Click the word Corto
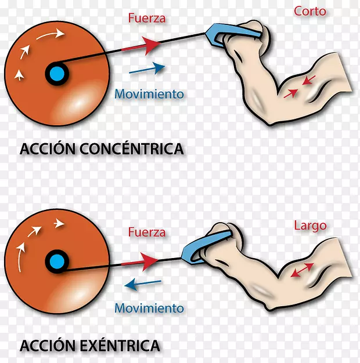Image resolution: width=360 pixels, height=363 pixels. coord(310,11)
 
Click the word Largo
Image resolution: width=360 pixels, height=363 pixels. coord(310,226)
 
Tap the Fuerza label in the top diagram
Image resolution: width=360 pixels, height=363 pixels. coord(147,18)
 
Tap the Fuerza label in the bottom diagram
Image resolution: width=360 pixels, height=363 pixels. coord(147,233)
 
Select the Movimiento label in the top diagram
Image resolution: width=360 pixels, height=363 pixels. coord(149,93)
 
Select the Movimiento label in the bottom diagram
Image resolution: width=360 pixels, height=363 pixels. coord(149,308)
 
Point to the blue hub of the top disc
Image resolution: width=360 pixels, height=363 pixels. coord(56,74)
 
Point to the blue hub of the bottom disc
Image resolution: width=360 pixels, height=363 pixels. coord(56,260)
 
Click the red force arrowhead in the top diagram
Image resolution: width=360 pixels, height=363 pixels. coord(152,44)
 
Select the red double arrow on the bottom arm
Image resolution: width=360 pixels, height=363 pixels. coord(302,269)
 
